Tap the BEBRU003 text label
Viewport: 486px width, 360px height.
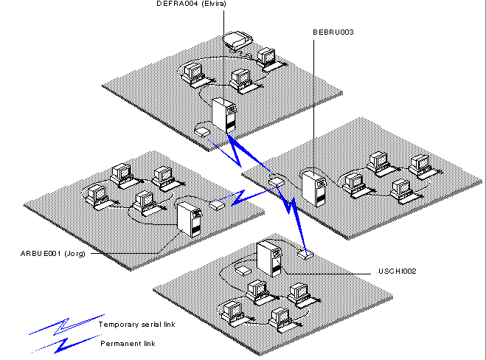point(333,32)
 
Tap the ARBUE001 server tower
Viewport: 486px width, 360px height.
point(188,219)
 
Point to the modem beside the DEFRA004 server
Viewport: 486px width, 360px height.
point(202,131)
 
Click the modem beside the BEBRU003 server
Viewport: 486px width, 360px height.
point(277,179)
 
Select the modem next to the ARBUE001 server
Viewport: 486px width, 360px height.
point(217,204)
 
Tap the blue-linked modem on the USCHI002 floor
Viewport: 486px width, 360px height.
point(305,255)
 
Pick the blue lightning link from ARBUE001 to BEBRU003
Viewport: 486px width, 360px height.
point(247,195)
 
